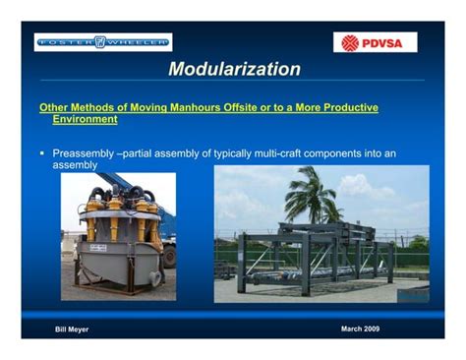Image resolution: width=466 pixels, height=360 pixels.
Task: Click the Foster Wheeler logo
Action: (x=103, y=41)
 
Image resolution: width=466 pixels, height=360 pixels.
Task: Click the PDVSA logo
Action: (x=375, y=42)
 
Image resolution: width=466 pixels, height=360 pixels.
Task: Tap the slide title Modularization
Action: (x=234, y=69)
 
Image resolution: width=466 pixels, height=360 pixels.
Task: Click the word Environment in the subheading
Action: (x=85, y=119)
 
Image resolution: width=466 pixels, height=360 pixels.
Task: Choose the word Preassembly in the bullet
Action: (x=85, y=153)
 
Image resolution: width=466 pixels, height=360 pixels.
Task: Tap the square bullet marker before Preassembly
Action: (x=42, y=153)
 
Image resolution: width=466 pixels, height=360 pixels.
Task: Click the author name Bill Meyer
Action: (x=72, y=329)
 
